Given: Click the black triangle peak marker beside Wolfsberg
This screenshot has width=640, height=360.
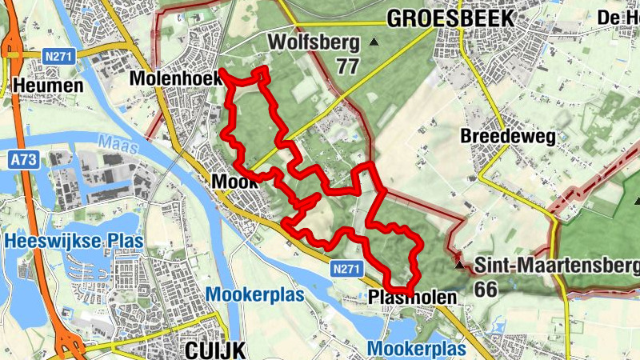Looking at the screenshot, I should coord(374,42).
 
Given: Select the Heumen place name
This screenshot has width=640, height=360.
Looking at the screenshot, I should coord(48,86).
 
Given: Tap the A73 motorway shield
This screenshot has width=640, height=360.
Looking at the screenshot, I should coord(23,160).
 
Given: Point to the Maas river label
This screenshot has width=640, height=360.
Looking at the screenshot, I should coord(114,143).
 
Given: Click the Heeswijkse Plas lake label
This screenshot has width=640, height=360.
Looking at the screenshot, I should coord(73,241).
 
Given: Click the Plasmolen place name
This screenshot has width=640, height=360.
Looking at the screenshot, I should coord(414,297).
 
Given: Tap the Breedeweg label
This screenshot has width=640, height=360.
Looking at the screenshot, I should coord(508,137).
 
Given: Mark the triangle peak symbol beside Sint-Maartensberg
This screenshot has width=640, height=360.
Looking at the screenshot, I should coord(459,263).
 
